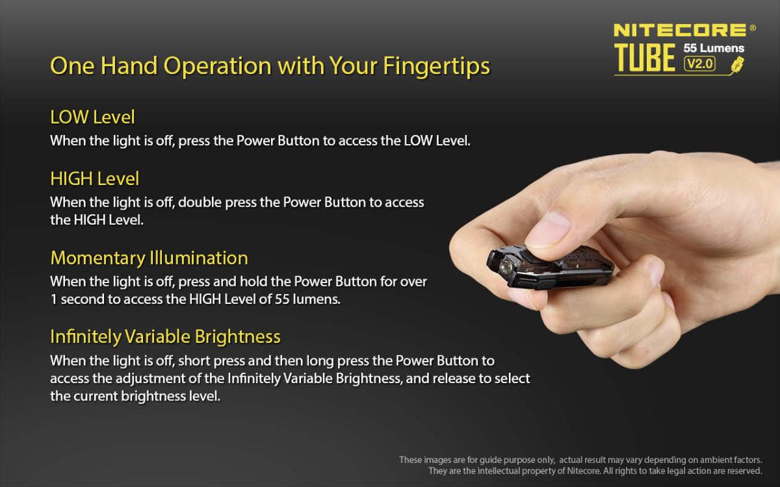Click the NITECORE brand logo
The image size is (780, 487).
click(x=680, y=31)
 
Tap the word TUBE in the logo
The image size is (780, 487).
click(x=645, y=58)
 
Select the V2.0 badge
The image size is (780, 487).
click(x=700, y=64)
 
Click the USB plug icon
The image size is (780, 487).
click(x=738, y=65)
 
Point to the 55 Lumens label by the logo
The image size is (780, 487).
click(x=714, y=48)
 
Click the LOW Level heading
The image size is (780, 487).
click(x=92, y=117)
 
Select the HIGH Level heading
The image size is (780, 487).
click(x=95, y=179)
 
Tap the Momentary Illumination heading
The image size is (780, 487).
click(x=149, y=258)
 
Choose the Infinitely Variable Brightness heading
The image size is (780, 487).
click(x=165, y=337)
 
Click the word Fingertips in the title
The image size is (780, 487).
click(x=437, y=66)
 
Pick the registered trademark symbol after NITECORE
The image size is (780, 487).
click(x=753, y=27)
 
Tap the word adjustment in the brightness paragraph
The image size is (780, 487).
click(x=150, y=379)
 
